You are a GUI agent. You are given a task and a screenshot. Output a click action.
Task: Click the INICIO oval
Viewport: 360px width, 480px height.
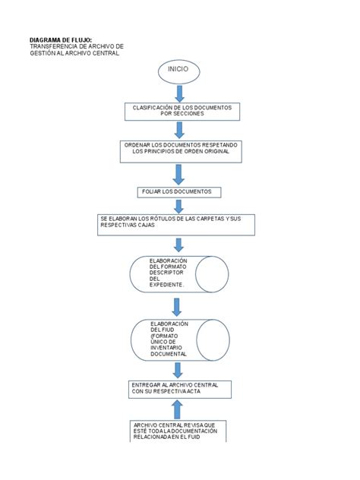pyautogui.click(x=179, y=71)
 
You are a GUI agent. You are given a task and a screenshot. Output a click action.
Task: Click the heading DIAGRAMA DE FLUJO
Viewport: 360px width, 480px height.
pyautogui.click(x=60, y=39)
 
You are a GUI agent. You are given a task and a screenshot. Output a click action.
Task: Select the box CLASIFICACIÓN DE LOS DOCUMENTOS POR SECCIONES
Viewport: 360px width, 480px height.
pyautogui.click(x=179, y=112)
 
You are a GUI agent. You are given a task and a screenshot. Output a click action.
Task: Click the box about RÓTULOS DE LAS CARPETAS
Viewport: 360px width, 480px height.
pyautogui.click(x=176, y=225)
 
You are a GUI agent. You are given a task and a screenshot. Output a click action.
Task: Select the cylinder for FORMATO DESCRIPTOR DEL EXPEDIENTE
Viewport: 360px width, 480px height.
pyautogui.click(x=179, y=274)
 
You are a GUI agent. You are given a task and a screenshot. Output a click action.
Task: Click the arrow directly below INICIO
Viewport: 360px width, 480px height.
pyautogui.click(x=180, y=93)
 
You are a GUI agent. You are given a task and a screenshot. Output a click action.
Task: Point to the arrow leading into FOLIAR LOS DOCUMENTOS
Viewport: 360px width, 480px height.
pyautogui.click(x=179, y=174)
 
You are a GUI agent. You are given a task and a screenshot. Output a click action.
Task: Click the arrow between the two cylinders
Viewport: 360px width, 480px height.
pyautogui.click(x=178, y=306)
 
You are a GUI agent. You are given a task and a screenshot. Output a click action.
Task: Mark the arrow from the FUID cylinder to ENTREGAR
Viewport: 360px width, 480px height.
pyautogui.click(x=178, y=370)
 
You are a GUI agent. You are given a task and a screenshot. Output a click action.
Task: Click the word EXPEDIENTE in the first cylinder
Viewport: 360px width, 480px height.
pyautogui.click(x=167, y=284)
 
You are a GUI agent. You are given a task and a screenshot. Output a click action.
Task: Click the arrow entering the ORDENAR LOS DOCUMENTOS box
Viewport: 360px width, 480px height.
pyautogui.click(x=180, y=131)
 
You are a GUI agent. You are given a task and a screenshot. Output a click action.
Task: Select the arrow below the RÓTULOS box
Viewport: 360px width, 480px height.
pyautogui.click(x=178, y=245)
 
